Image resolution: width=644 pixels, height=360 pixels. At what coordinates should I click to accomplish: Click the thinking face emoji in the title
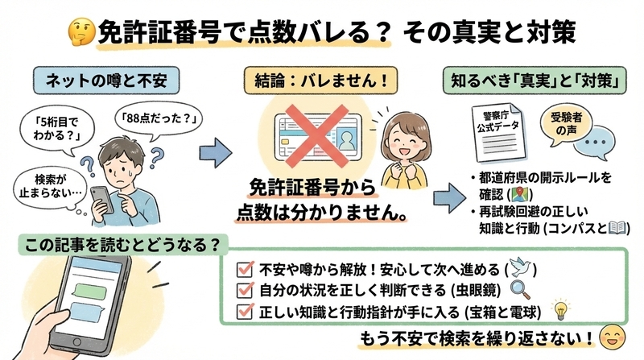point(82,31)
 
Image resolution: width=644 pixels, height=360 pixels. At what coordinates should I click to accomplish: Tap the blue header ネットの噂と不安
point(106,81)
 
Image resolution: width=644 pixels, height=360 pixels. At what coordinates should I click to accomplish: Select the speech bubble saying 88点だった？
point(158,119)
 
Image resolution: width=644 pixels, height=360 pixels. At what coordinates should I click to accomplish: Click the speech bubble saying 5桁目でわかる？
point(56,129)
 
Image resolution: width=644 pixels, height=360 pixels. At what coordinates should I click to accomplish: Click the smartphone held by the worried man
point(102,201)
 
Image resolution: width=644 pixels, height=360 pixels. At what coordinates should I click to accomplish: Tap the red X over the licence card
point(317,136)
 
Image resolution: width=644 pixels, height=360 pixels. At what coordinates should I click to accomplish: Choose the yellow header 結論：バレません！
point(320,81)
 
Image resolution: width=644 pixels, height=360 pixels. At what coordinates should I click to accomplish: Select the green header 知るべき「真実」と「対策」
point(535,81)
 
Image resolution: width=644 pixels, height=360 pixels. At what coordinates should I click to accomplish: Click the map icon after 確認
point(520,194)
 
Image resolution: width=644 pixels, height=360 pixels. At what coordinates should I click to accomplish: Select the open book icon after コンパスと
point(617,228)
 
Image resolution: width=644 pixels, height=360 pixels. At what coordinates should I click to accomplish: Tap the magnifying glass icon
point(520,290)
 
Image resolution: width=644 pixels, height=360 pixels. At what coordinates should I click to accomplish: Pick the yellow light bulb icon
point(560,310)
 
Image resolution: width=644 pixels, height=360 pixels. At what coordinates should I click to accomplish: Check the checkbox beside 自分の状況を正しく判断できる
point(245,290)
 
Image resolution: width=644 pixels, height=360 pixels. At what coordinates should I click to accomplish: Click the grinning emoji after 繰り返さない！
point(613,337)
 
